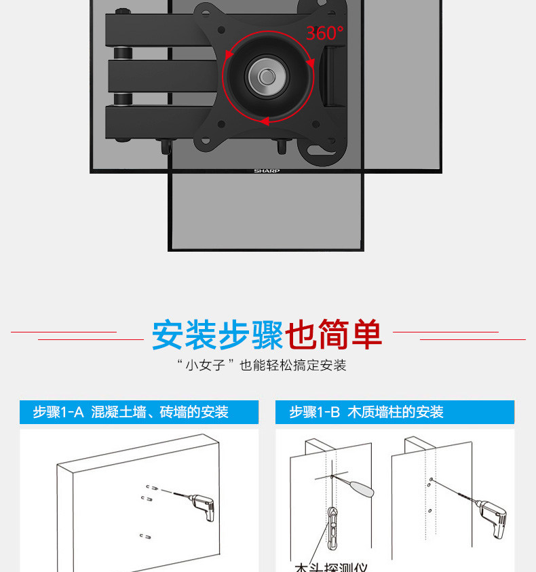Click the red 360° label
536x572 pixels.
(x=324, y=32)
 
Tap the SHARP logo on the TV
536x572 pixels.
(x=267, y=171)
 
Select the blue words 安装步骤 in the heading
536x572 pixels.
(x=216, y=335)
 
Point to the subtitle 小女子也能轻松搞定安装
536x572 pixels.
(x=261, y=366)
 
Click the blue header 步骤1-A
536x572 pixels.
(x=58, y=412)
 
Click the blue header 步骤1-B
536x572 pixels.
(x=314, y=412)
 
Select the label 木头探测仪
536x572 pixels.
(x=330, y=567)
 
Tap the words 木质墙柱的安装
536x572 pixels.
(x=396, y=412)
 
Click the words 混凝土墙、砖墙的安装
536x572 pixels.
(x=159, y=412)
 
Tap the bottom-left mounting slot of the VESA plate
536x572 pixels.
(x=203, y=142)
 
